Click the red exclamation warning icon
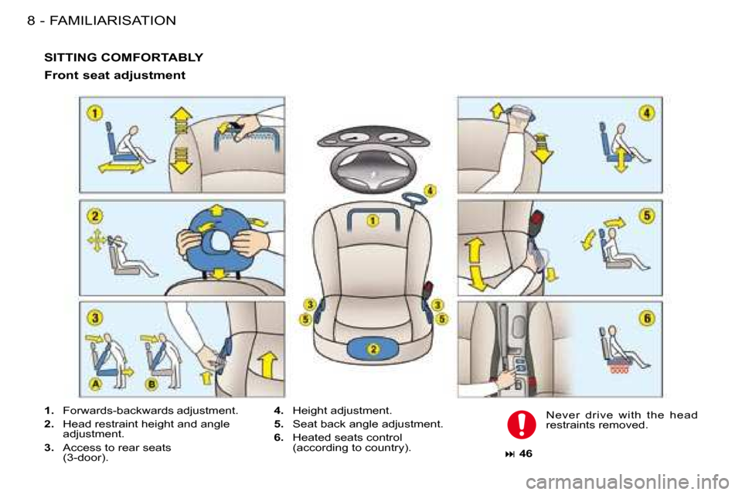click(522, 424)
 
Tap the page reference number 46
click(526, 453)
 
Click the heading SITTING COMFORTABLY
click(124, 57)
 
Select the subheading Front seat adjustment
click(114, 75)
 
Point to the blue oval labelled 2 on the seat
click(373, 349)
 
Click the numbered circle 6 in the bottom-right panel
click(647, 317)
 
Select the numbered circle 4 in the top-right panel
click(647, 113)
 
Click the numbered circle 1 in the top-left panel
click(94, 113)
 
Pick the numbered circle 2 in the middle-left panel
click(94, 216)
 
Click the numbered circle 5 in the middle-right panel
click(647, 216)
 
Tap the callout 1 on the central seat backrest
click(373, 220)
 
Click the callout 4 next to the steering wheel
click(430, 190)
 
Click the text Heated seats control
click(347, 437)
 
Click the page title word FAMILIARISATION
click(113, 20)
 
